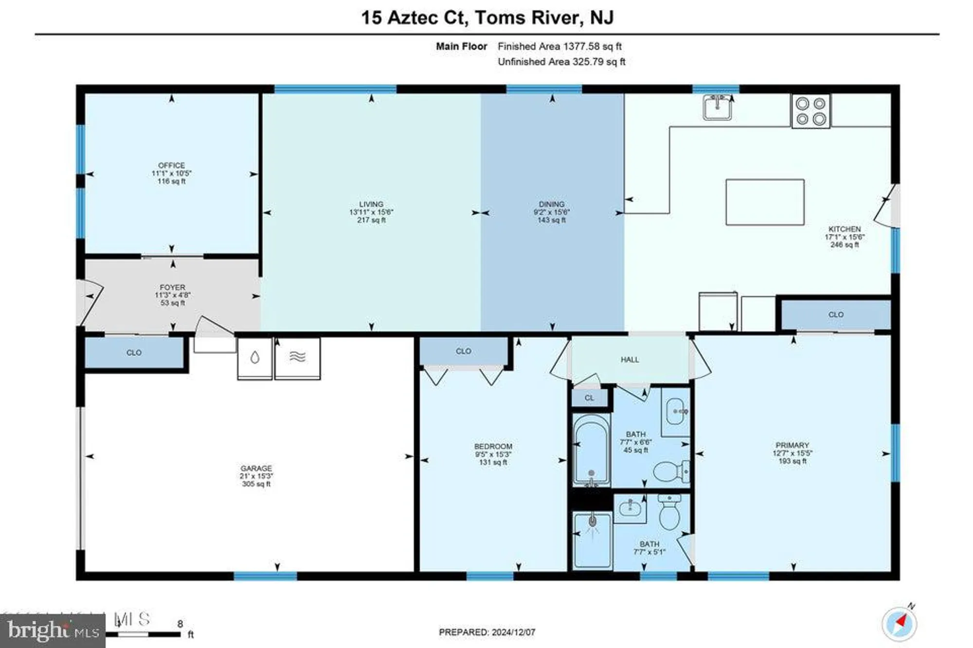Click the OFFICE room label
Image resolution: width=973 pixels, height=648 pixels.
tap(171, 166)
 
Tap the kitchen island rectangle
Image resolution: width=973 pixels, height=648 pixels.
tap(765, 202)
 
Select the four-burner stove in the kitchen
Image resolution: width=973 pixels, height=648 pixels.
tap(811, 111)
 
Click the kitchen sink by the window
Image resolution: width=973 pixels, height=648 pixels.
tap(717, 107)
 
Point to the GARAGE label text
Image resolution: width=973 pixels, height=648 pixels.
tap(256, 468)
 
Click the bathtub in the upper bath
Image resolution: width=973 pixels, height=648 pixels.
tap(591, 449)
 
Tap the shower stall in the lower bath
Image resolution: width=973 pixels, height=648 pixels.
tap(592, 540)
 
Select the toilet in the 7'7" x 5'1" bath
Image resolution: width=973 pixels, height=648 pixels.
tap(669, 512)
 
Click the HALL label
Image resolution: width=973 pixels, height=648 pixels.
tap(630, 360)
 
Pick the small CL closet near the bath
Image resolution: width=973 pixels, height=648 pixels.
tap(589, 398)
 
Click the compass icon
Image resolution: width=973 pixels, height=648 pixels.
tap(900, 624)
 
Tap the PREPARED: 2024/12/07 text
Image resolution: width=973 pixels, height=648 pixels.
tap(487, 632)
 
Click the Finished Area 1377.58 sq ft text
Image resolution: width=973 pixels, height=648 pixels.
tap(559, 46)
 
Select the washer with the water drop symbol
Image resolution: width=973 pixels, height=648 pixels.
tap(254, 359)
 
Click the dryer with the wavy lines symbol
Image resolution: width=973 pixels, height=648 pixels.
tap(297, 359)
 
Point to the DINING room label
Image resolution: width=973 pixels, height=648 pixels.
tap(551, 204)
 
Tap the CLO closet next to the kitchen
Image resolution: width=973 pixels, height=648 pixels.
tap(835, 315)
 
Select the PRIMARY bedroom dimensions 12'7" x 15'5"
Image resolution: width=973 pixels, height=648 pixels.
tap(792, 453)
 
